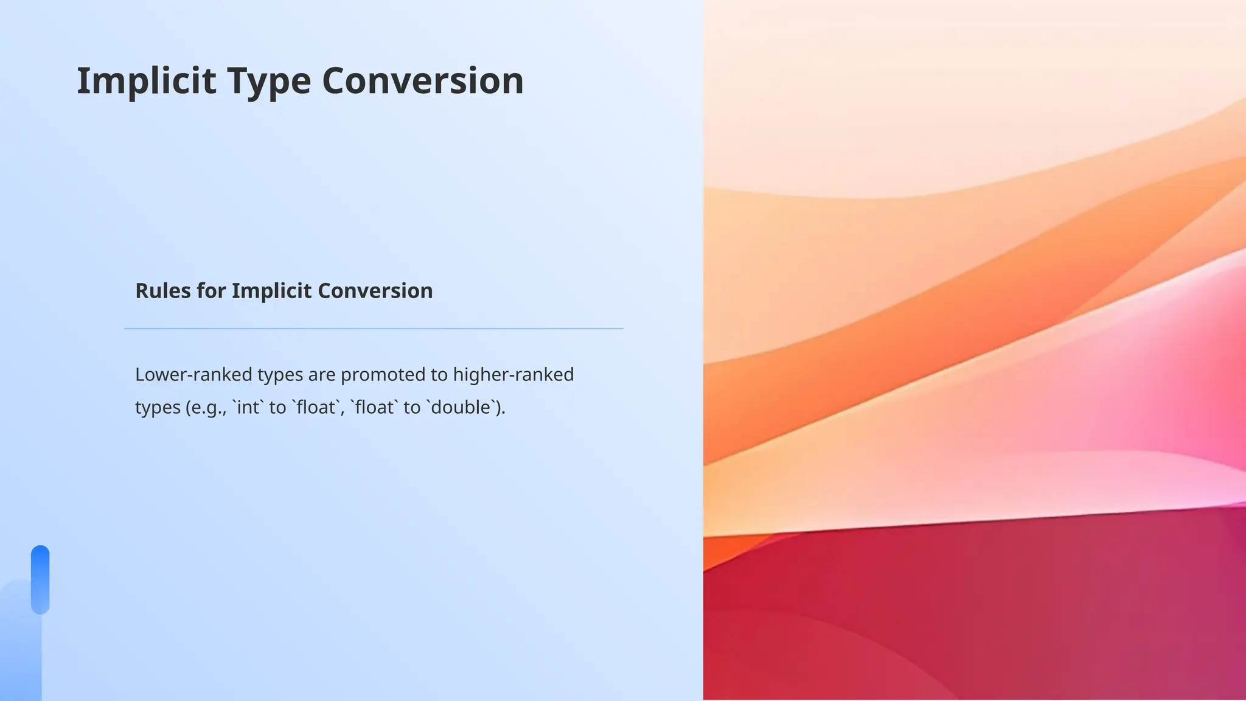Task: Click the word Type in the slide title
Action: tap(269, 81)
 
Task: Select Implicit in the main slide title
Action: tap(146, 81)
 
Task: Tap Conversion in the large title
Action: tap(422, 81)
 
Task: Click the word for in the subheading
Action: tap(211, 291)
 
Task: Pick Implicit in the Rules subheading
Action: tap(271, 291)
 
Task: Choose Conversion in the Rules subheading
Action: tap(375, 291)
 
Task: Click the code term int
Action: tap(248, 407)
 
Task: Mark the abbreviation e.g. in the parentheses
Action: tap(207, 407)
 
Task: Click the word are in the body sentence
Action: tap(321, 374)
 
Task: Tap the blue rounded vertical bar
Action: tap(40, 579)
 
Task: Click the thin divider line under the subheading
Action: tap(374, 329)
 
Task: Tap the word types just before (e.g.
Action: tap(158, 407)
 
